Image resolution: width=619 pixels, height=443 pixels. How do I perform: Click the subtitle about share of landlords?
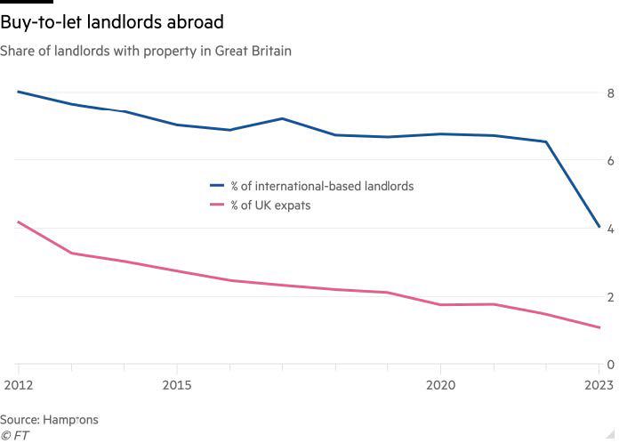pos(146,51)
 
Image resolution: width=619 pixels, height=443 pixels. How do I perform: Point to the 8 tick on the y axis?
pos(610,93)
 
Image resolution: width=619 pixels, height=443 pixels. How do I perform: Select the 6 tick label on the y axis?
pos(610,160)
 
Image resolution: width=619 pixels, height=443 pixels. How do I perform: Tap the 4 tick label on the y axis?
pos(610,229)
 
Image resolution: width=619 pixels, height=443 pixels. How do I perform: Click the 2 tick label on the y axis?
pos(610,296)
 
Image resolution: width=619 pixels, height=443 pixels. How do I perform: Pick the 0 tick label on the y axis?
pos(610,365)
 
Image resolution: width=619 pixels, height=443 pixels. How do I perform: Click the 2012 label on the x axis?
pos(18,384)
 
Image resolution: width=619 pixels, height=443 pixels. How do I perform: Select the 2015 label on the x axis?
pos(176,384)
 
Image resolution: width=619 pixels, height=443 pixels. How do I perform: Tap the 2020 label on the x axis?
pos(440,384)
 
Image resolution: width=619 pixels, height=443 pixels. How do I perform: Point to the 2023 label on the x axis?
pos(599,384)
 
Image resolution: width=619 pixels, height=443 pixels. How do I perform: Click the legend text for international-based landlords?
pos(322,186)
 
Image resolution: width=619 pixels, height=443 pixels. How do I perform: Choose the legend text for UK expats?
pos(270,205)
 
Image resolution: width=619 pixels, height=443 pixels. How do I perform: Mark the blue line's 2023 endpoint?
pos(599,227)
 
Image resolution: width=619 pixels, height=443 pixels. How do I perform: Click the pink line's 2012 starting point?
pos(18,221)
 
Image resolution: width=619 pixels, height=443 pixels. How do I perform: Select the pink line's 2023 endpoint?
pos(599,327)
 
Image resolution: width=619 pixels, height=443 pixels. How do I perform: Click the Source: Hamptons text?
pos(49,419)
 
